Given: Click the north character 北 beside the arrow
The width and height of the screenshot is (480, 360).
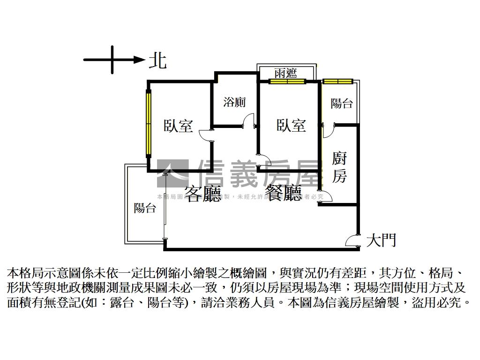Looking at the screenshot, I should point(157,60).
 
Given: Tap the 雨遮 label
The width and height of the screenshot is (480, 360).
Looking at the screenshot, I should point(286,73).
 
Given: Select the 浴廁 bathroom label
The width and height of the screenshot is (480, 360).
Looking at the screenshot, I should point(234,102).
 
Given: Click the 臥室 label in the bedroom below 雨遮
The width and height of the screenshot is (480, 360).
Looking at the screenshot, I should point(291,125).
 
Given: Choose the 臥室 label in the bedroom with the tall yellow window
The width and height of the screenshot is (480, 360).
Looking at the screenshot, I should point(178,126).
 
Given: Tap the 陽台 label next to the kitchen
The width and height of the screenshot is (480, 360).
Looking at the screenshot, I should point(342,103).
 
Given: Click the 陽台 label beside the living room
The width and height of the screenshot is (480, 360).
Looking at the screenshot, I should point(144,208).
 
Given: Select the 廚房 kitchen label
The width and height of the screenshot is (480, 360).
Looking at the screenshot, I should point(339,167).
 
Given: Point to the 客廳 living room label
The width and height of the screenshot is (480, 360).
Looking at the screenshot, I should point(202,194).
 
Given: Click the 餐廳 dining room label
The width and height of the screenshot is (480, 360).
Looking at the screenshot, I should point(284,193).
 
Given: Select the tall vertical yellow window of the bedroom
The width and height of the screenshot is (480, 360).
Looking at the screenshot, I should point(149,124).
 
